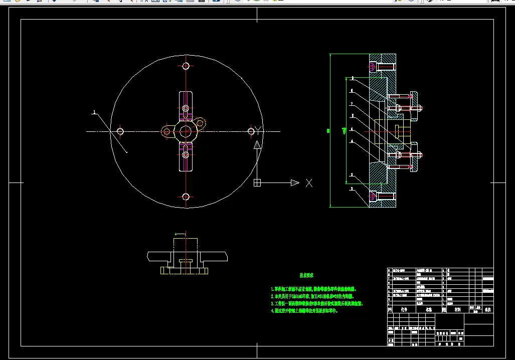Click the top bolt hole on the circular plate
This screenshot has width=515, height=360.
pyautogui.click(x=186, y=66)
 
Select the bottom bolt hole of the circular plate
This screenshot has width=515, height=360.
pyautogui.click(x=186, y=197)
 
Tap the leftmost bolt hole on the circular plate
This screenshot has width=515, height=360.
pyautogui.click(x=120, y=131)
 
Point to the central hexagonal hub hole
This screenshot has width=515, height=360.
pyautogui.click(x=185, y=131)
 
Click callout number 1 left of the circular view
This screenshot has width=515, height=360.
pyautogui.click(x=94, y=113)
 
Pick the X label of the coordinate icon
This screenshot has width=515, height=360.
pyautogui.click(x=309, y=183)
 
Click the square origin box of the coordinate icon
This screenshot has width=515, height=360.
pyautogui.click(x=257, y=183)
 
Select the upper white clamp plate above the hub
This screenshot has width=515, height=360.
pyautogui.click(x=186, y=105)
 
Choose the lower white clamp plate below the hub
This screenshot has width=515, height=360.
pyautogui.click(x=186, y=157)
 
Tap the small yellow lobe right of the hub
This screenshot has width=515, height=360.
pyautogui.click(x=200, y=122)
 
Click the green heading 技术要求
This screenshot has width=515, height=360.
pyautogui.click(x=306, y=275)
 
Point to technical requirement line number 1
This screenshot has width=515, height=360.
pyautogui.click(x=313, y=289)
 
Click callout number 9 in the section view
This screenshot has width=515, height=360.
pyautogui.click(x=352, y=78)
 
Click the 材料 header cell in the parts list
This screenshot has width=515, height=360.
pyautogui.click(x=457, y=310)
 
